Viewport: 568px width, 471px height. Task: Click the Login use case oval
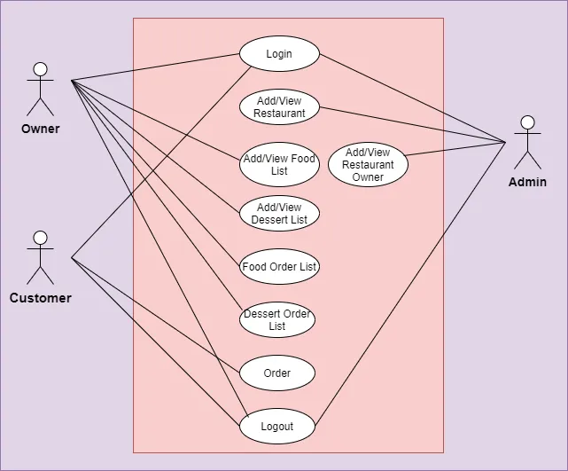click(x=279, y=54)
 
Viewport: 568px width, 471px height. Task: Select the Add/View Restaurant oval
click(x=279, y=107)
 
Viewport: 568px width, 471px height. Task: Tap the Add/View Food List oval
click(x=279, y=165)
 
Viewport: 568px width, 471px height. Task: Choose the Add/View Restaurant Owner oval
click(x=368, y=165)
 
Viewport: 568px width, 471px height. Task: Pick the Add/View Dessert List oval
click(x=279, y=214)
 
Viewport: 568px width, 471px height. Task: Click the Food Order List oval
click(x=279, y=267)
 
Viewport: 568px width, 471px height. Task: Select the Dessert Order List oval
click(x=277, y=320)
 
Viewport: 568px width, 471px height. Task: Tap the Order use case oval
click(x=277, y=373)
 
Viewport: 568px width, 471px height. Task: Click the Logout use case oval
click(x=277, y=427)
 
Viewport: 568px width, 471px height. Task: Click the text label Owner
click(x=40, y=129)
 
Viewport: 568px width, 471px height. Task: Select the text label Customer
click(x=40, y=298)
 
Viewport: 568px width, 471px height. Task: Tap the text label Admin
click(x=527, y=182)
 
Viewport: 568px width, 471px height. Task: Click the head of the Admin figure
click(x=527, y=122)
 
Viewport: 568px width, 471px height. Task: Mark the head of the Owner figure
click(x=40, y=69)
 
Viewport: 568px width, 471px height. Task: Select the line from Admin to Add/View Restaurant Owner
click(x=456, y=149)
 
